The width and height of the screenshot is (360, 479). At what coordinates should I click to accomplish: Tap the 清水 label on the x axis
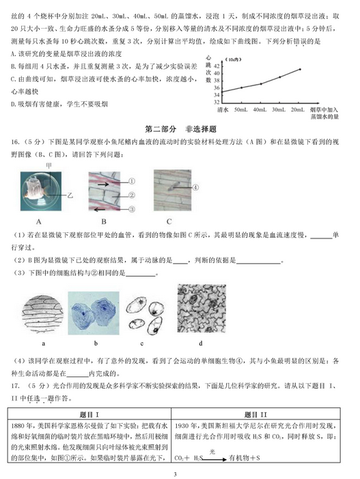pos(222,109)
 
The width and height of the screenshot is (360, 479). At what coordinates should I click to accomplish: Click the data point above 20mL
pos(299,69)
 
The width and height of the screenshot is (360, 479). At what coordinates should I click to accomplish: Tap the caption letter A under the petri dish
pos(39,221)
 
